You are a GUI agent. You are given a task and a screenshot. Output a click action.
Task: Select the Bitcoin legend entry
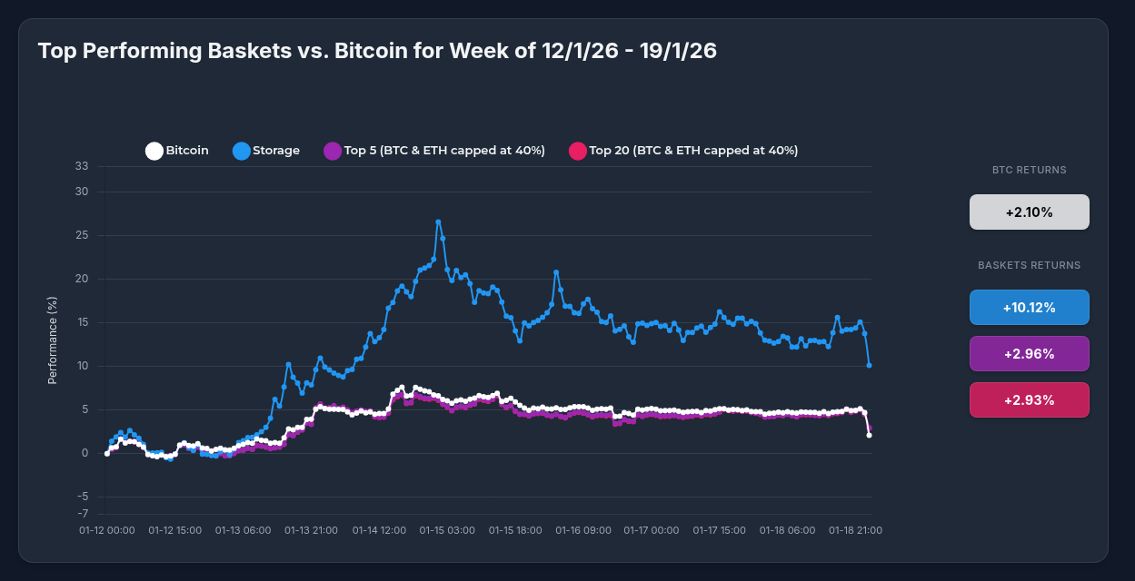pos(177,151)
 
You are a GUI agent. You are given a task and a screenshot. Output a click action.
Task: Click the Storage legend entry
pos(266,151)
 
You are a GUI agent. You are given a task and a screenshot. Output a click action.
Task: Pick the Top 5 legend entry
pos(434,151)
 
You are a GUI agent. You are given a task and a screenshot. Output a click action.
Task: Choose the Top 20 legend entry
pos(682,151)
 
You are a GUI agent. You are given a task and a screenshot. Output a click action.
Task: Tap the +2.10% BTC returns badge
pos(1029,212)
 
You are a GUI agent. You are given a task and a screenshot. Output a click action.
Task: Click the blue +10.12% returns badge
pos(1029,308)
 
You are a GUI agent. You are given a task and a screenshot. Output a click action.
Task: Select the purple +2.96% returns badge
pos(1029,354)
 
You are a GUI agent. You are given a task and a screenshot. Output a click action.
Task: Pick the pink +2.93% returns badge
pos(1029,400)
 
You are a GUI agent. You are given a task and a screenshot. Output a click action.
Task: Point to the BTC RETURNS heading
pos(1029,170)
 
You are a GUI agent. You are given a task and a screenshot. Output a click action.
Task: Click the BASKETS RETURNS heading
pos(1029,265)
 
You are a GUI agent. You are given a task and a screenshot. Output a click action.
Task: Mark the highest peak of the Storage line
pos(438,222)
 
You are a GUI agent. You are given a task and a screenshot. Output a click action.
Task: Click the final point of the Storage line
pos(870,365)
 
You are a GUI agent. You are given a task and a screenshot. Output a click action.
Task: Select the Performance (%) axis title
pos(53,340)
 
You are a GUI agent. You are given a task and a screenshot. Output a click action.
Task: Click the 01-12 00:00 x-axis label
pos(107,530)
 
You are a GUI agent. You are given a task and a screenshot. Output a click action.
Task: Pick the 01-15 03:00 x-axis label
pos(446,530)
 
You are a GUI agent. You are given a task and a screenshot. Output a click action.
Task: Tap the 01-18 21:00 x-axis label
pos(855,530)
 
